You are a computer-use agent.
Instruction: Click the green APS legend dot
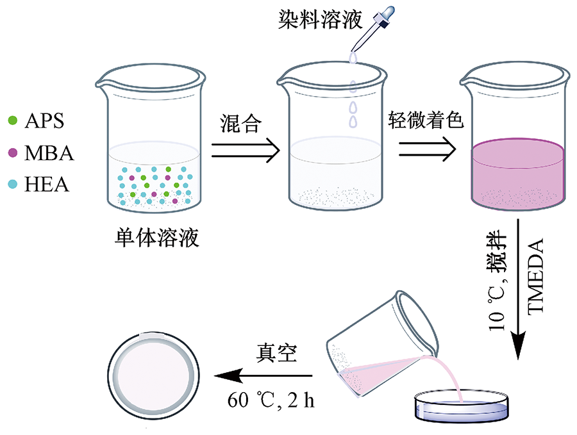(x=13, y=120)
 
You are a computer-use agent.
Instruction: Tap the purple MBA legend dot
(x=13, y=152)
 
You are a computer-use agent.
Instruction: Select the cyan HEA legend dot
(x=13, y=185)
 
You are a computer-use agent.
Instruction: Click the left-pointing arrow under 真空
(x=263, y=376)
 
